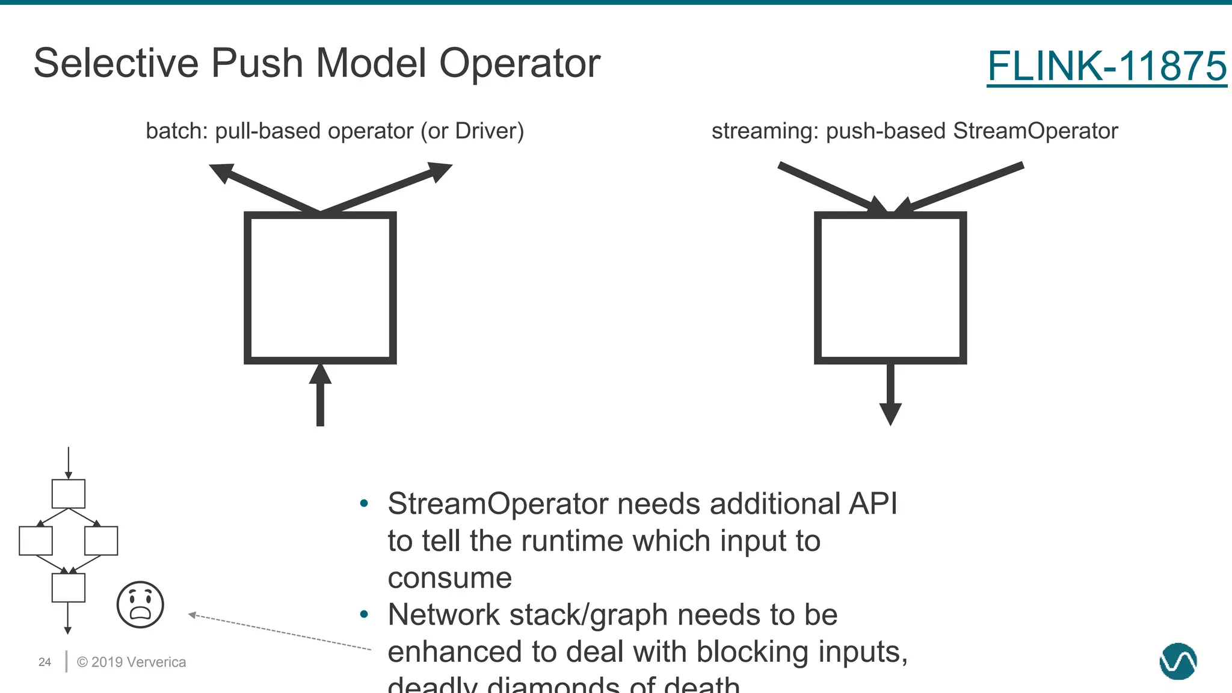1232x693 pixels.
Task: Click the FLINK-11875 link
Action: [1106, 66]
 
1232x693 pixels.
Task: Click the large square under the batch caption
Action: [320, 288]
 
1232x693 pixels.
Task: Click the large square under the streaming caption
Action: [890, 288]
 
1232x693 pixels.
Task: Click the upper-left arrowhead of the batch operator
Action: [221, 173]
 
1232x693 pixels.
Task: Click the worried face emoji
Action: [140, 605]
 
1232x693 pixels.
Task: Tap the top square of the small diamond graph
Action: [69, 494]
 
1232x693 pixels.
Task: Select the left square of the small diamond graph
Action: [35, 541]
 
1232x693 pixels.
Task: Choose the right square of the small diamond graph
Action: [101, 541]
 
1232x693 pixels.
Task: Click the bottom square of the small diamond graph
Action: [69, 588]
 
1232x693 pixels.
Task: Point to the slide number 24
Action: [45, 662]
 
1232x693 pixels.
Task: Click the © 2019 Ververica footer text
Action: [131, 662]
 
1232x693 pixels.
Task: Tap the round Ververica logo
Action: [1178, 661]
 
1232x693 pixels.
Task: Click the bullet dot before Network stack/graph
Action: [363, 615]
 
